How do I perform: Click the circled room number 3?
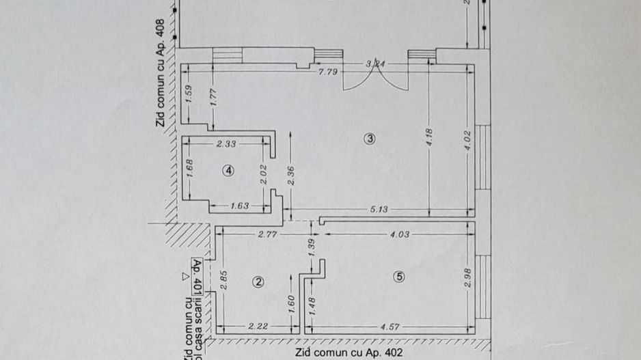coord(370,139)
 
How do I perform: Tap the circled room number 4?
coord(229,171)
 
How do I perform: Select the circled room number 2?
coord(258,282)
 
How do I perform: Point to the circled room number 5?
coord(400,277)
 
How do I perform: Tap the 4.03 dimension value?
coord(399,234)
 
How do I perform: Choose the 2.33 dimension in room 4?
coord(226,143)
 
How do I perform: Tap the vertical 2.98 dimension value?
coord(467,281)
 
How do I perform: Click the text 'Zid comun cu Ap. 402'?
coord(349,352)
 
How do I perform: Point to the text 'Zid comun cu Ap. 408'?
coord(161,73)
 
